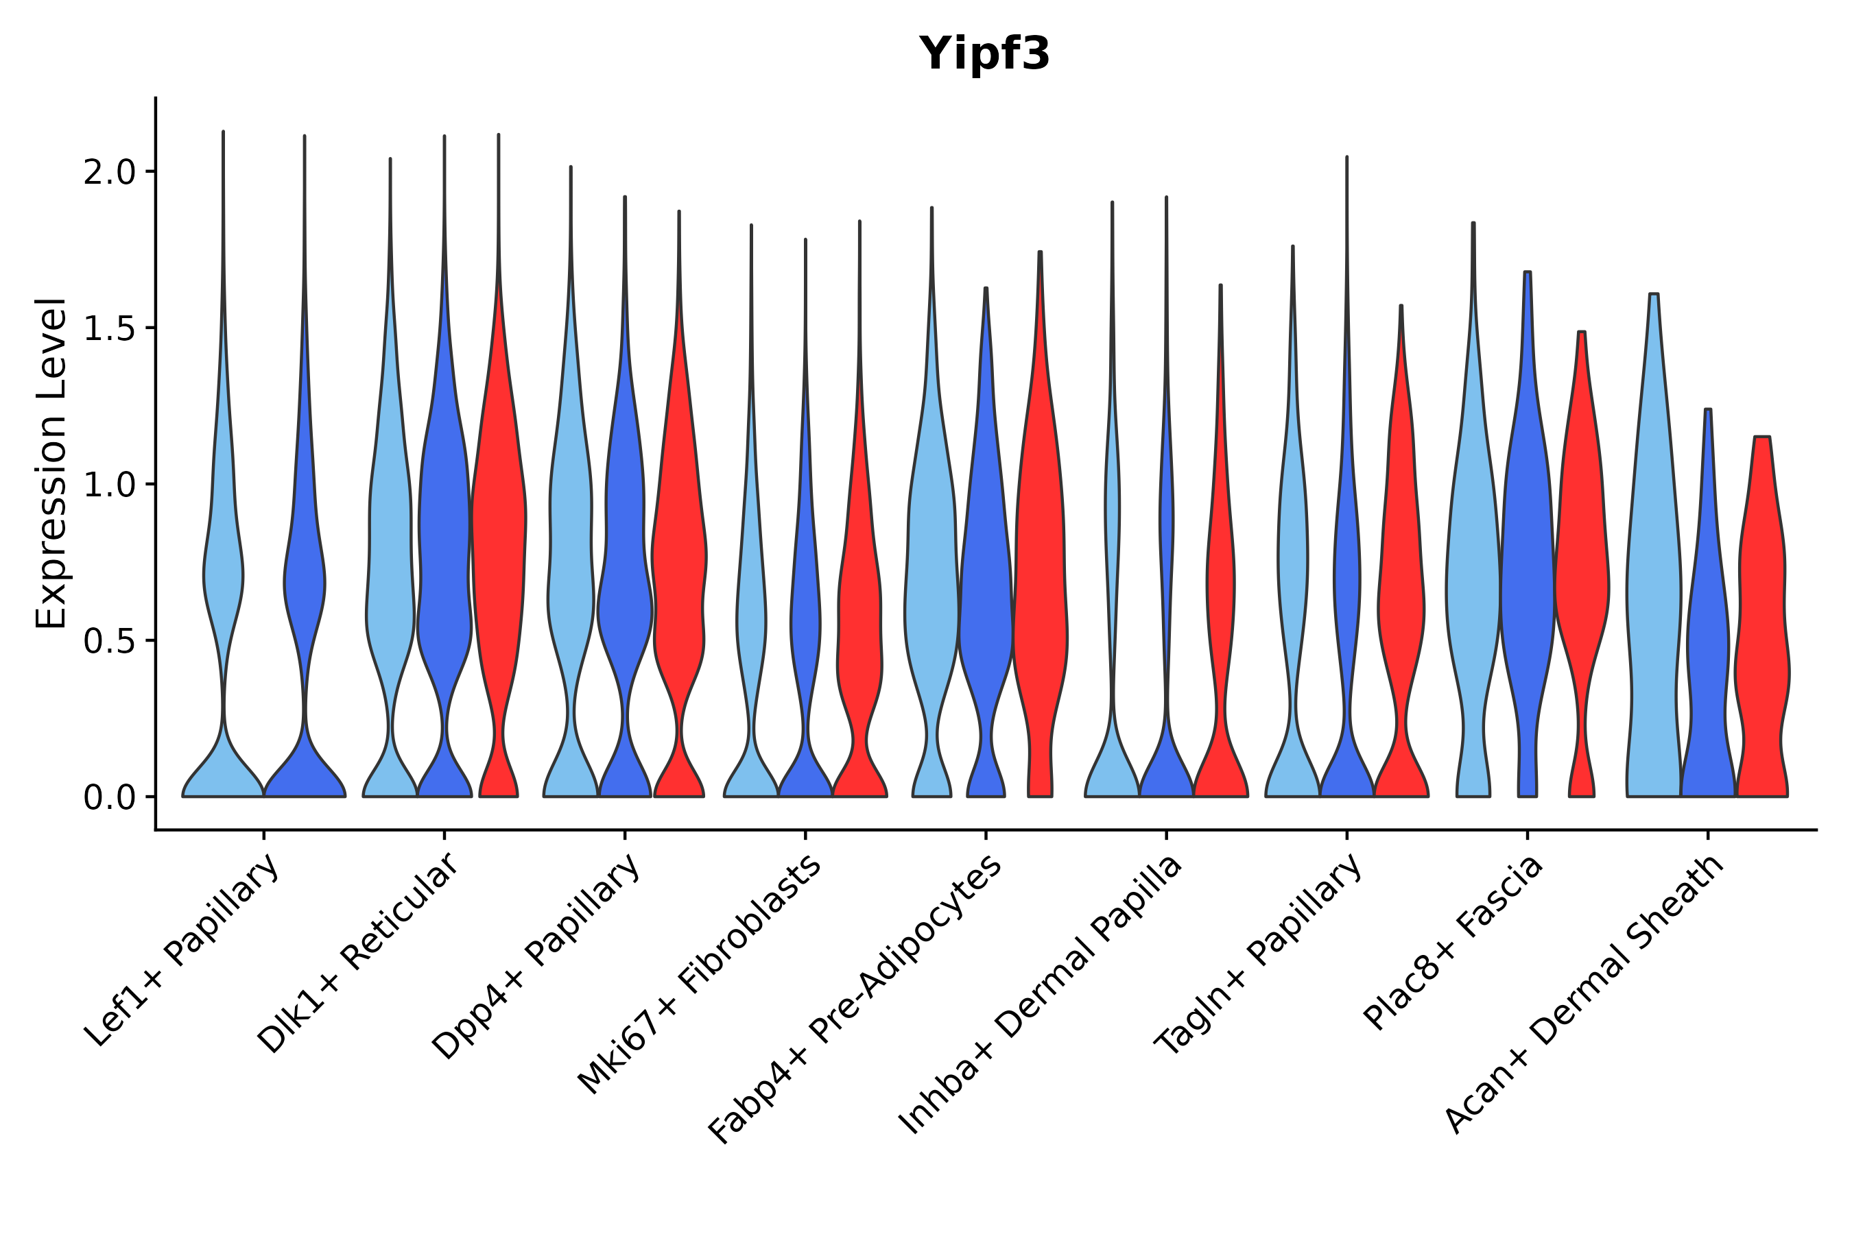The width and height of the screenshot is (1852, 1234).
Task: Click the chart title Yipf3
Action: pos(984,54)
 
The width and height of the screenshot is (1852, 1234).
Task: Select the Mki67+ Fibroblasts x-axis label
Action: pos(700,976)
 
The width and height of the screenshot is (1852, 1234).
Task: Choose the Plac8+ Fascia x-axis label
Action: pos(1453,945)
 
